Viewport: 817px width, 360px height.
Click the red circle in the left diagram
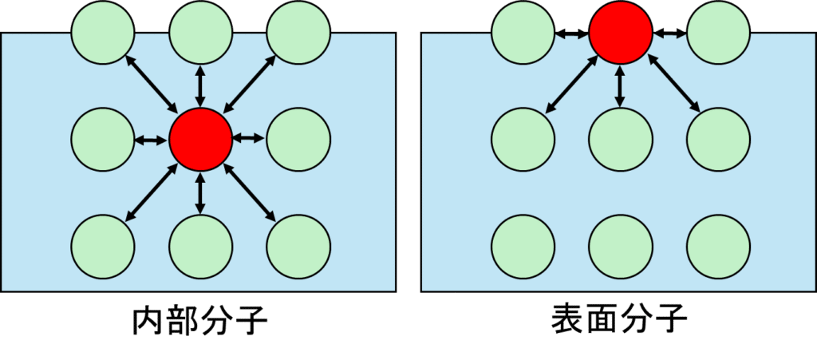pyautogui.click(x=200, y=139)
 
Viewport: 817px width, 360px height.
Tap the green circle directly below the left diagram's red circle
pyautogui.click(x=200, y=246)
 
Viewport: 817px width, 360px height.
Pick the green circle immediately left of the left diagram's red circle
pyautogui.click(x=103, y=139)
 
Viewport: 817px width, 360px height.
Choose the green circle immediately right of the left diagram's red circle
pyautogui.click(x=298, y=139)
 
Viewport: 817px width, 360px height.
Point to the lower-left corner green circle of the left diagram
pyautogui.click(x=103, y=246)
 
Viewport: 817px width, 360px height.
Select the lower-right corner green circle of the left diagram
pyautogui.click(x=298, y=246)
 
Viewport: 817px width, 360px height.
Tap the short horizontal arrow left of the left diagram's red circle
pyautogui.click(x=152, y=140)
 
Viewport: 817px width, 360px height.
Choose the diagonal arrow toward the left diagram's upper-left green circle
pyautogui.click(x=152, y=85)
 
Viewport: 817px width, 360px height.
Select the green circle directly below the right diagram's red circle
pyautogui.click(x=620, y=139)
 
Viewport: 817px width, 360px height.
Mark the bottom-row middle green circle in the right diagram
pyautogui.click(x=620, y=246)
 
